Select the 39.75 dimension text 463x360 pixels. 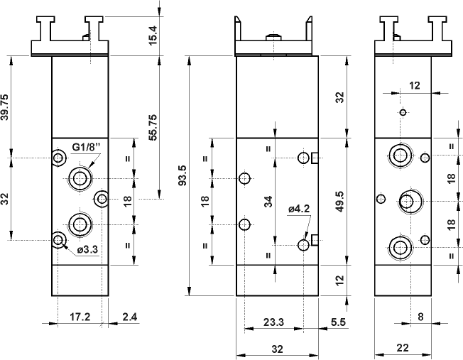pyautogui.click(x=6, y=107)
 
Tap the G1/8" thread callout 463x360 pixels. pyautogui.click(x=87, y=148)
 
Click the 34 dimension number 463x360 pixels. pyautogui.click(x=268, y=201)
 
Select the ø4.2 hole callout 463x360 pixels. pyautogui.click(x=300, y=209)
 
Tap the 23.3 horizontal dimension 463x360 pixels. pyautogui.click(x=273, y=322)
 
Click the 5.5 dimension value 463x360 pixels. pyautogui.click(x=338, y=322)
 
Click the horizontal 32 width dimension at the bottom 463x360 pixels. pyautogui.click(x=277, y=349)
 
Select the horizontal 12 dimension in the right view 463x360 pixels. pyautogui.click(x=415, y=85)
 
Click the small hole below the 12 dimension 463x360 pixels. pyautogui.click(x=403, y=112)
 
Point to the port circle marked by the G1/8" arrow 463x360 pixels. pyautogui.click(x=78, y=177)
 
